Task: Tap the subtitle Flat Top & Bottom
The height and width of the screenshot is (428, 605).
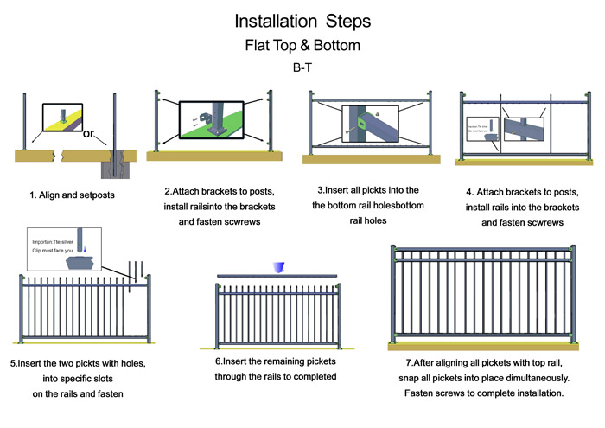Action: click(302, 44)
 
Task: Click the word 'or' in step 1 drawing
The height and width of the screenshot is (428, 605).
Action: click(88, 134)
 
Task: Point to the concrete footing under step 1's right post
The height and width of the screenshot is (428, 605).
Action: click(115, 163)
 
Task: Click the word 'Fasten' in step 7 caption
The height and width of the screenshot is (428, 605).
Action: click(424, 394)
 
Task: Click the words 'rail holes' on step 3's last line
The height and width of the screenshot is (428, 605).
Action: click(368, 222)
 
